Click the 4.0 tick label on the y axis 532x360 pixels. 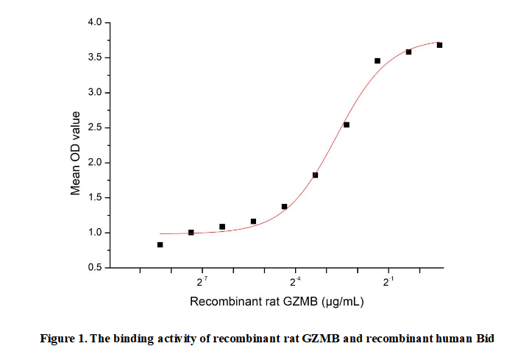point(94,22)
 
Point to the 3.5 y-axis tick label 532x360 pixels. point(94,57)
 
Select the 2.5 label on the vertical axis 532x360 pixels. point(94,127)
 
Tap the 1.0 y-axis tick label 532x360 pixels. point(94,233)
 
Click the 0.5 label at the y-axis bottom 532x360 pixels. point(94,267)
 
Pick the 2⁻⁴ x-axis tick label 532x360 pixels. point(295,280)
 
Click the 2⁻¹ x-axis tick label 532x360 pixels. point(389,280)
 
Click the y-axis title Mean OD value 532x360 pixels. point(75,154)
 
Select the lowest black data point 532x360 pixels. point(160,244)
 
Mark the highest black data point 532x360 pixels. point(439,45)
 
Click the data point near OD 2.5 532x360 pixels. point(347,125)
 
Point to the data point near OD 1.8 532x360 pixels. point(315,175)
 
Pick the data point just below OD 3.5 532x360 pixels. point(377,60)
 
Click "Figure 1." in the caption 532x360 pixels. point(63,339)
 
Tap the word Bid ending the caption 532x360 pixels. point(485,339)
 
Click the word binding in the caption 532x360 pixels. point(129,339)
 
